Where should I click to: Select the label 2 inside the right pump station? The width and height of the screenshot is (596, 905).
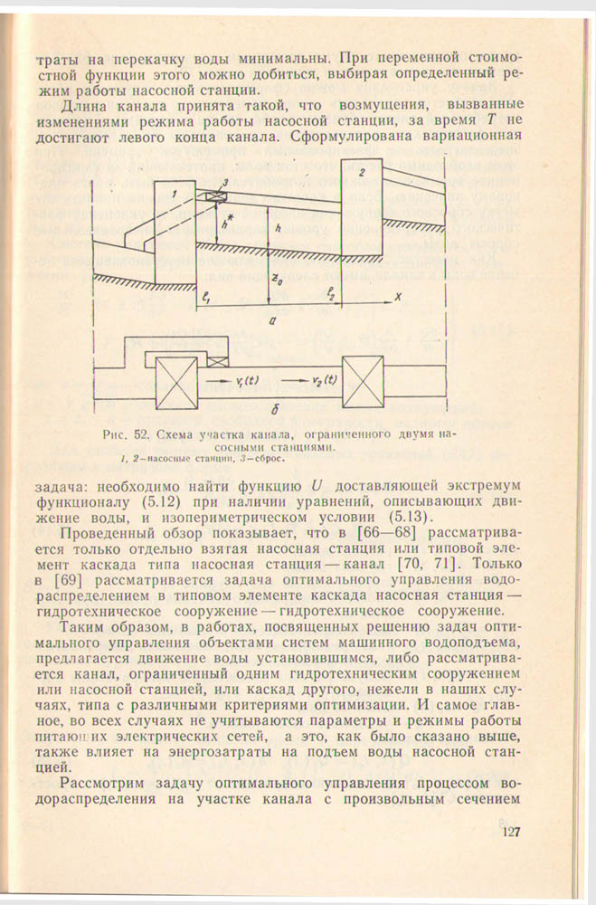point(361,171)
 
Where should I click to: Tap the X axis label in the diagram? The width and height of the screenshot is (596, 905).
point(395,296)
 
